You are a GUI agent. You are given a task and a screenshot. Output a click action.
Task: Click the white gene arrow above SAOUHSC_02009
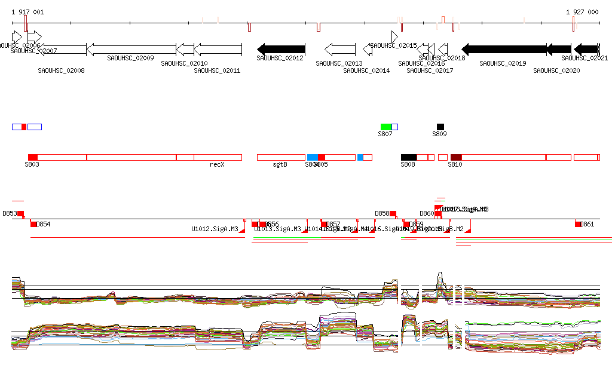[131, 49]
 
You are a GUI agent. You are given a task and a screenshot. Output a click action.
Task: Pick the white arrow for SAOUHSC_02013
[340, 49]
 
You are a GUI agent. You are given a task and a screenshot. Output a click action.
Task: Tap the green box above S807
[386, 127]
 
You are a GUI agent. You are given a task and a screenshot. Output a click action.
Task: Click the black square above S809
[440, 127]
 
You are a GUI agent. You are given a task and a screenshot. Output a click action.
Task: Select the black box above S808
[409, 157]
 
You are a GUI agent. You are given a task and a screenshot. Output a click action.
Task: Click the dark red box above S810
[456, 157]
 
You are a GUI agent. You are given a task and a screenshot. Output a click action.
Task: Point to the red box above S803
[33, 157]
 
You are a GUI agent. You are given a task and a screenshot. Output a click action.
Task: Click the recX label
[217, 164]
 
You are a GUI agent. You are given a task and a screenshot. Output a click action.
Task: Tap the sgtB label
[280, 164]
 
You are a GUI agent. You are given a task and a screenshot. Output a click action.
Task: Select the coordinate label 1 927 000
[582, 12]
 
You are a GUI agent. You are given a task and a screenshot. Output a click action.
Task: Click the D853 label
[10, 213]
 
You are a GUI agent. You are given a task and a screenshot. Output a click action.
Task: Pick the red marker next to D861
[578, 224]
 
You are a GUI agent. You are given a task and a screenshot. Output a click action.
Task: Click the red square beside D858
[393, 213]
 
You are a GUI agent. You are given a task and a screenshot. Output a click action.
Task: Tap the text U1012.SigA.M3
[215, 229]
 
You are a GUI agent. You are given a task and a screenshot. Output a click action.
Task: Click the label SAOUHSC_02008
[61, 70]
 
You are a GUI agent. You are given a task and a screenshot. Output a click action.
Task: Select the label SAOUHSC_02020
[556, 70]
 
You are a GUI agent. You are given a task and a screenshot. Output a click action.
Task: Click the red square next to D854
[33, 224]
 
